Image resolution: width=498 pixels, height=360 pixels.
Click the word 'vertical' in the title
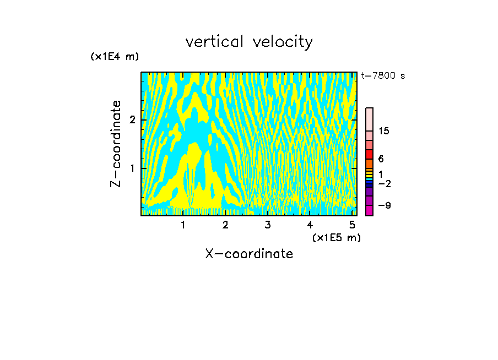coord(212,42)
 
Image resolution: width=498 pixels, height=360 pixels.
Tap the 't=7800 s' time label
coord(383,75)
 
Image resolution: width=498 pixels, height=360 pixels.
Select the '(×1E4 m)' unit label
coord(115,56)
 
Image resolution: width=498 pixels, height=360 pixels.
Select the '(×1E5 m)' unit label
coord(336,237)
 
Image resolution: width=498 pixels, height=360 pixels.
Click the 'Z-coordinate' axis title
coord(116,144)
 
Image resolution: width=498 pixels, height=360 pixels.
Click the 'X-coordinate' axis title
coord(249,254)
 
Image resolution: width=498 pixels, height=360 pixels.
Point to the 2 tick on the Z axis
coord(132,120)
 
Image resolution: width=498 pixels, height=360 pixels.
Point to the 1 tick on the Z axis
coord(132,168)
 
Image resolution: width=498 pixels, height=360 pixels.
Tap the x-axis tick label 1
coord(183,225)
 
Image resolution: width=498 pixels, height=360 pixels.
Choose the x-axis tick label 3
coord(268,225)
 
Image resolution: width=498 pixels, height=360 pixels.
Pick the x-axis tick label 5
coord(353,225)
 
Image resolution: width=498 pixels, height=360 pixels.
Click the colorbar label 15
coord(384,131)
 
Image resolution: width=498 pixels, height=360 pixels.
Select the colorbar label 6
coord(381,159)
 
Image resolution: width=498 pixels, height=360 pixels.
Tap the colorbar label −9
coord(384,205)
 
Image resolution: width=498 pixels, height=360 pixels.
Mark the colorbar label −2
coord(384,183)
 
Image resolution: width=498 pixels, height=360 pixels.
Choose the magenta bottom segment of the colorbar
coord(370,210)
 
